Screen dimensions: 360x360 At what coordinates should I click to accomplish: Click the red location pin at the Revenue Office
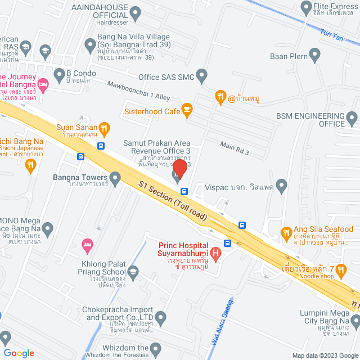click(179, 169)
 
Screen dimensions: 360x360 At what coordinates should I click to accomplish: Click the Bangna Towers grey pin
click(115, 180)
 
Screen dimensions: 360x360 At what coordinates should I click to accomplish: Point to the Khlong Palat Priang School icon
click(133, 273)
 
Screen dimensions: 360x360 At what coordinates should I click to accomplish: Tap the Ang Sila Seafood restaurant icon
click(286, 232)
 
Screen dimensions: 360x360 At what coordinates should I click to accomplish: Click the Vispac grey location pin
click(282, 186)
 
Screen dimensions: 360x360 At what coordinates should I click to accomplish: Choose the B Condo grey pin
click(59, 74)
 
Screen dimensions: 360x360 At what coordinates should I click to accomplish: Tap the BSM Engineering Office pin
click(352, 119)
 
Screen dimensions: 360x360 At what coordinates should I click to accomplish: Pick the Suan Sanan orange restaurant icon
click(103, 127)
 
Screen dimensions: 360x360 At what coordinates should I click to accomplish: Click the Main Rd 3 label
click(234, 149)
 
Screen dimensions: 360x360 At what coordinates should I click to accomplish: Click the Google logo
click(18, 353)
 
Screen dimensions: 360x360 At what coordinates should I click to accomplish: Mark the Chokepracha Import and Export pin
click(160, 318)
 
